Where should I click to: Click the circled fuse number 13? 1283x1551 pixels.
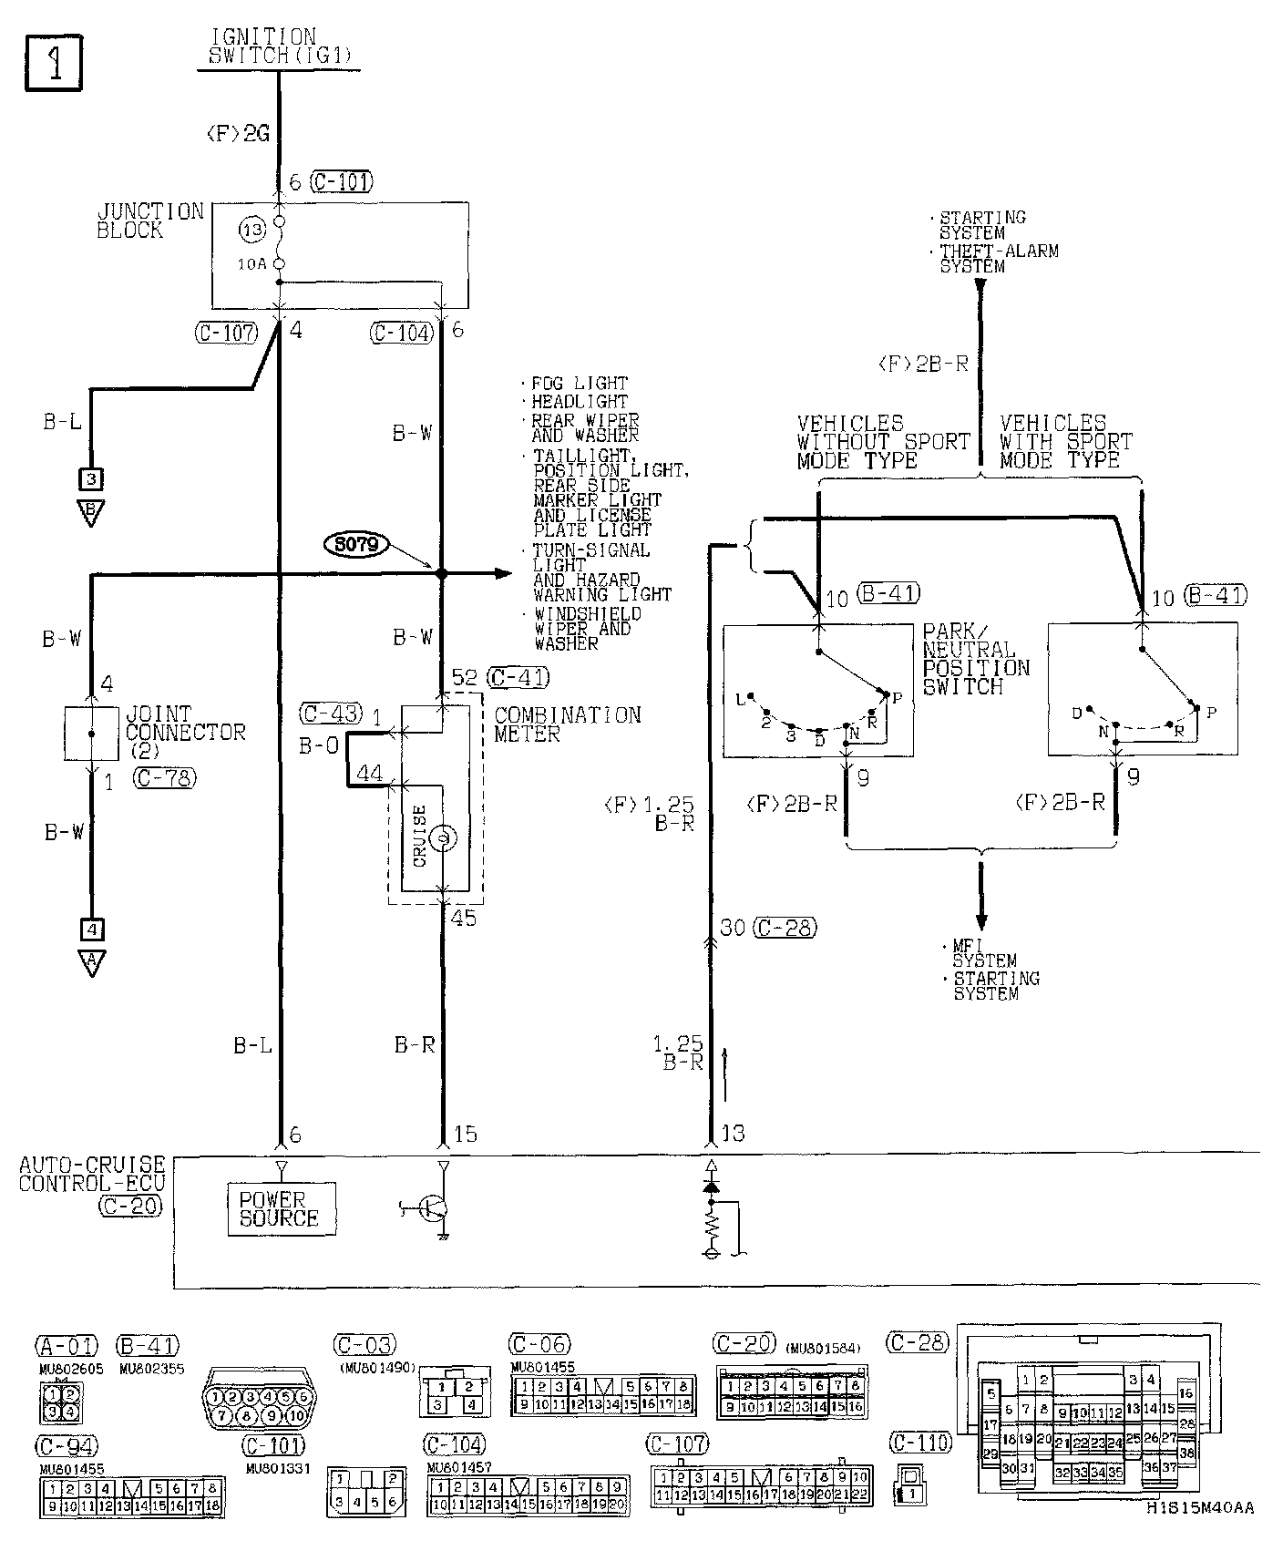[252, 231]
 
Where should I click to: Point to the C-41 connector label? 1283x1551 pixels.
[518, 678]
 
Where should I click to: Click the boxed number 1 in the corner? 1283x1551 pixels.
[54, 64]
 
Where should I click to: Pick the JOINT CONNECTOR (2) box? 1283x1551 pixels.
[91, 734]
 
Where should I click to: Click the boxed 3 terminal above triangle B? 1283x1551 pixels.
[92, 478]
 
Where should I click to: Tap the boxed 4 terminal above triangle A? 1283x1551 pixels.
[92, 930]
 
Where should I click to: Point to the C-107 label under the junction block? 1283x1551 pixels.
[226, 333]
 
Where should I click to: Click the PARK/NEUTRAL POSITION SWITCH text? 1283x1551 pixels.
[975, 659]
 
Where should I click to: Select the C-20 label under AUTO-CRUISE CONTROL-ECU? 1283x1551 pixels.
[132, 1206]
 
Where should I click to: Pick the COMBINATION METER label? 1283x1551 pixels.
[567, 724]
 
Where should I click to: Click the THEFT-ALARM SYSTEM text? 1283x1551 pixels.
[999, 259]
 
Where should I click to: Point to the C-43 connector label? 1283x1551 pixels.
[331, 714]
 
